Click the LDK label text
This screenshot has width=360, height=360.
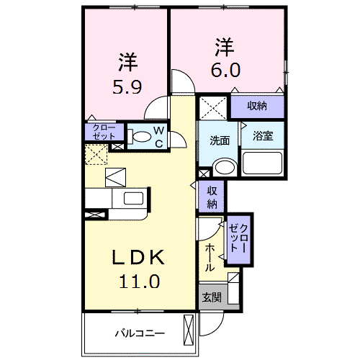(x=138, y=257)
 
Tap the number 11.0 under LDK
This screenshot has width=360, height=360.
(x=139, y=281)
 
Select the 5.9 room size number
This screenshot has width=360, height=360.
(x=127, y=87)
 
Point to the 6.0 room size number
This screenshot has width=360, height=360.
(x=225, y=70)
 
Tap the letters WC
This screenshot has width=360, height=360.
(x=159, y=137)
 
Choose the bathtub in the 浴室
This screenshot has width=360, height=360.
(x=262, y=163)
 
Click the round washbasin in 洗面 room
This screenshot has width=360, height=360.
(x=225, y=167)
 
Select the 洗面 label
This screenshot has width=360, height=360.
(x=220, y=140)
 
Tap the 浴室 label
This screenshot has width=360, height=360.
(x=263, y=136)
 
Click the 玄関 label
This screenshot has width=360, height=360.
(x=212, y=297)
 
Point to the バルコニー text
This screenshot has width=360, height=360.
(x=140, y=333)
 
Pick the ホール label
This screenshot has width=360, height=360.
(x=210, y=257)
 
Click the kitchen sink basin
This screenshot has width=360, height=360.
(x=133, y=199)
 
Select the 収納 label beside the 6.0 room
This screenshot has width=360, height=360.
(x=257, y=106)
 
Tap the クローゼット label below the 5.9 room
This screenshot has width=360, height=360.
(x=104, y=132)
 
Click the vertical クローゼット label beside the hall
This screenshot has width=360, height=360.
(x=238, y=238)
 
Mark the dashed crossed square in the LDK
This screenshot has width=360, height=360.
(x=96, y=155)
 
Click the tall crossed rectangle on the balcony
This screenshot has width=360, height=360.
(x=189, y=330)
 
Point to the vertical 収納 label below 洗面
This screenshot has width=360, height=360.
(x=212, y=197)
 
